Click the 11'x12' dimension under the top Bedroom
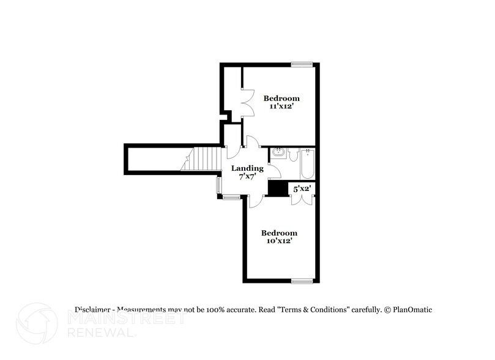click(281, 107)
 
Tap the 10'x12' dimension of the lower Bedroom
click(279, 241)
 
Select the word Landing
click(247, 168)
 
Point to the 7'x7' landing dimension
click(247, 177)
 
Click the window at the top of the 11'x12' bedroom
click(302, 64)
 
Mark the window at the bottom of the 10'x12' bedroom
click(302, 281)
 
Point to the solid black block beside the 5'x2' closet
click(278, 189)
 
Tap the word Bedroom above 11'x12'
click(281, 98)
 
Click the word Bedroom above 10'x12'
click(279, 233)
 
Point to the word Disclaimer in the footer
click(93, 310)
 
